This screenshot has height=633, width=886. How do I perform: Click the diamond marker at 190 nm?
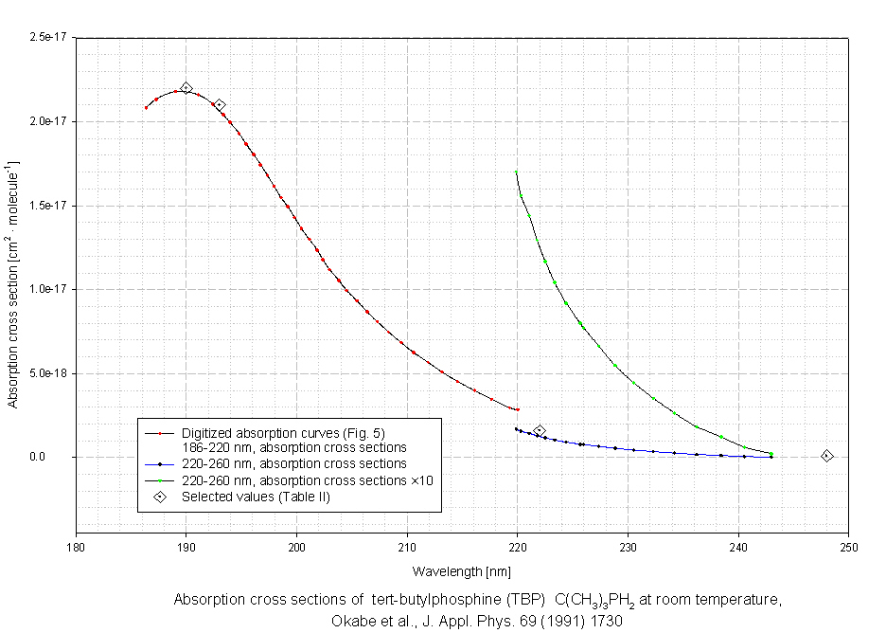coord(186,88)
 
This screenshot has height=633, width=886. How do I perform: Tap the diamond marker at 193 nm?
coord(219,105)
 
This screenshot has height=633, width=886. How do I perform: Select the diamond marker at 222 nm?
coord(540,431)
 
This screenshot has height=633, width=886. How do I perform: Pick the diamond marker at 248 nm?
coord(826,456)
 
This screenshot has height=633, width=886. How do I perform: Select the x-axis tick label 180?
coord(76,546)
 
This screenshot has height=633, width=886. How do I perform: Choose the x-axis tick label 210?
coord(407,546)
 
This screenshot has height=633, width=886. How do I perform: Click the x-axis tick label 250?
coord(848,546)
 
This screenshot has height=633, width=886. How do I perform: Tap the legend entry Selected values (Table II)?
coord(256,496)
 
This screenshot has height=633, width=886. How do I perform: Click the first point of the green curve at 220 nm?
coord(516,172)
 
